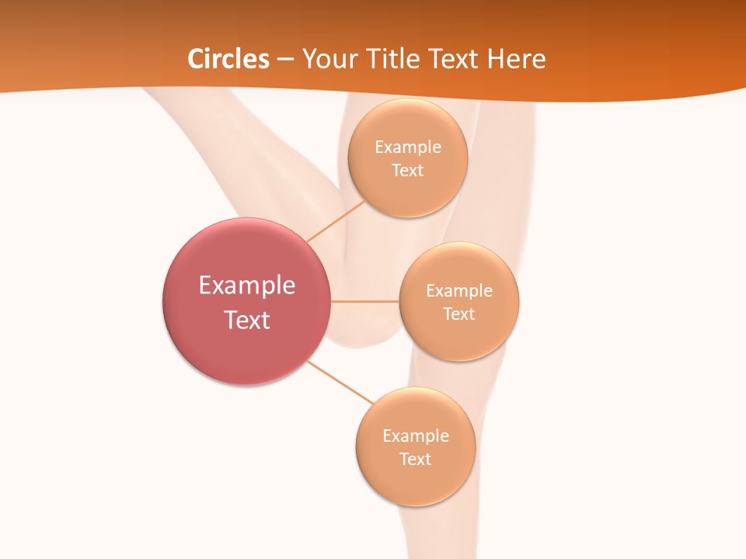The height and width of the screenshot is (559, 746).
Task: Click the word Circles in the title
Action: (228, 59)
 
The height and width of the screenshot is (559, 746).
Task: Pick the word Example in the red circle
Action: (247, 286)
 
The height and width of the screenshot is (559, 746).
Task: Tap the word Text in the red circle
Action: (247, 320)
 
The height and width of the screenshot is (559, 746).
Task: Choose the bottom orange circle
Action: (415, 484)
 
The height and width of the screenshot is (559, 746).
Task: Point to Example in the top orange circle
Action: (407, 148)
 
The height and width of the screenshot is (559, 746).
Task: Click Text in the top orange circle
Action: (407, 170)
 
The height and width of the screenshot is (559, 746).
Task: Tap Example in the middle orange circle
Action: (458, 291)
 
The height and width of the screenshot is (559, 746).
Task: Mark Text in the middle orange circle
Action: (458, 314)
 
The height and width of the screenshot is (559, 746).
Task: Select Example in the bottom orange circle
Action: (415, 436)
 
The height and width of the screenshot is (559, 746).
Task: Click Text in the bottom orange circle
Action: (415, 459)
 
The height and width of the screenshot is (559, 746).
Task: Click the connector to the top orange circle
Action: (336, 221)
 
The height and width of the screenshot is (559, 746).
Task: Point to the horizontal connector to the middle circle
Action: (364, 301)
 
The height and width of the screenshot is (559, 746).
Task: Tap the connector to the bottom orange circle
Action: (340, 382)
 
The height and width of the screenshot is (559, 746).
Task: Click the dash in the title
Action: (284, 60)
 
